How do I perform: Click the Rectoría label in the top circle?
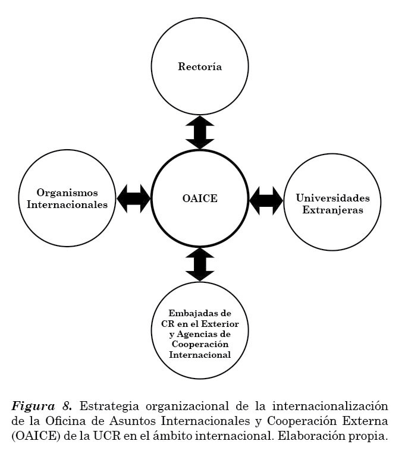200,67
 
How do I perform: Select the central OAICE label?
200,199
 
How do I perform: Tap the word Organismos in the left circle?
67,193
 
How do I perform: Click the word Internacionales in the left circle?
67,204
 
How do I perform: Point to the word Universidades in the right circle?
332,198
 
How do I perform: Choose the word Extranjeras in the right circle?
332,210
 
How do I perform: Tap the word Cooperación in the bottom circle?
200,345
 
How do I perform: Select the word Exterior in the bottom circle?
219,323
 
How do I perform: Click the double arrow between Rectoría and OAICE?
200,132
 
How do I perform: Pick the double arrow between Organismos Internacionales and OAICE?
134,199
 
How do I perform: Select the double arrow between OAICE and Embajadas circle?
200,264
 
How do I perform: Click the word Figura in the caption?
30,407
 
